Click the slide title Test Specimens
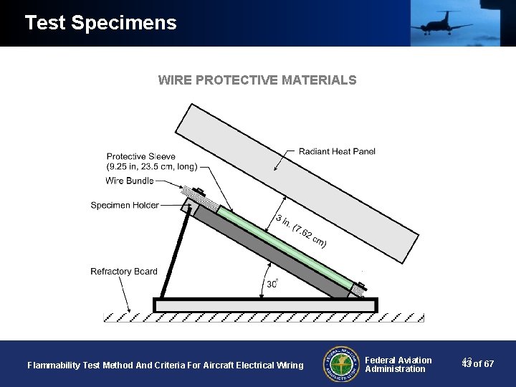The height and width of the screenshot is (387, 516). click(x=100, y=23)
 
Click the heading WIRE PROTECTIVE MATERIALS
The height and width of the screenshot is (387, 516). click(x=257, y=80)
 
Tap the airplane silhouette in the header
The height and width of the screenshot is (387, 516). click(x=440, y=23)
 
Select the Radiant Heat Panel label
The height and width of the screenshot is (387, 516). click(x=336, y=151)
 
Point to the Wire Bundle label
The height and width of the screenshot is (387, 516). click(x=129, y=181)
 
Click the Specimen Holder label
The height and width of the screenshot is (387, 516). click(x=125, y=206)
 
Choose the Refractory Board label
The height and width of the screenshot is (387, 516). click(x=123, y=272)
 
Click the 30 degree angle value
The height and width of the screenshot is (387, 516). click(x=272, y=285)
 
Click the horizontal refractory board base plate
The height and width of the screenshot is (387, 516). click(x=265, y=305)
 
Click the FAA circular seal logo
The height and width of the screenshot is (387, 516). click(x=340, y=364)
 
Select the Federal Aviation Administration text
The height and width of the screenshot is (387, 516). click(x=398, y=365)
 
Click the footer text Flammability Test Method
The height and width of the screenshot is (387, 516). click(x=165, y=365)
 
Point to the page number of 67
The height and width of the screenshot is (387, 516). click(x=478, y=364)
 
